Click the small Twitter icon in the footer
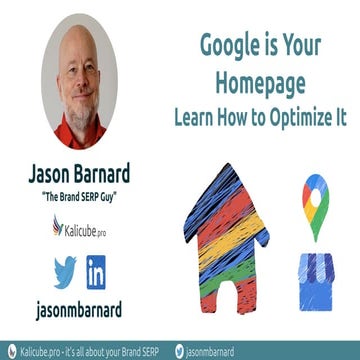point(180,351)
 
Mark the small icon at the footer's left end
point(9,351)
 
